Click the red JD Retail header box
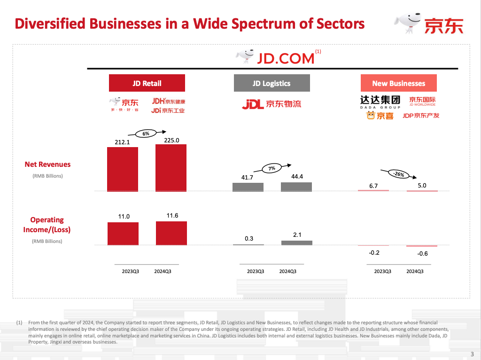pos(147,83)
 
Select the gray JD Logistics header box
pos(272,83)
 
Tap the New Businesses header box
pos(398,83)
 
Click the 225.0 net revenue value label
pos(171,140)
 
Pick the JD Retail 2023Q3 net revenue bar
pos(123,169)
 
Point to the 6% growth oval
pos(146,133)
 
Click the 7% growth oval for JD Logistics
pos(272,168)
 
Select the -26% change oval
pos(399,174)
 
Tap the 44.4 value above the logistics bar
pos(296,177)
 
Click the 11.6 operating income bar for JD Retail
pos(171,233)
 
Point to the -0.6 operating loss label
pos(422,254)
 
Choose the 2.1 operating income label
pos(297,234)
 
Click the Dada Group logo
pos(380,102)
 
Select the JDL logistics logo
pos(272,104)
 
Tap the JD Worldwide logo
pos(422,102)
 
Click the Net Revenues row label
pos(47,164)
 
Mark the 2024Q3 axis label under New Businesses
pos(415,271)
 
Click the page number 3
pos(472,354)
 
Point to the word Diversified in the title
pos(50,24)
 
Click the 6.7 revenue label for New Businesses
pos(373,186)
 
